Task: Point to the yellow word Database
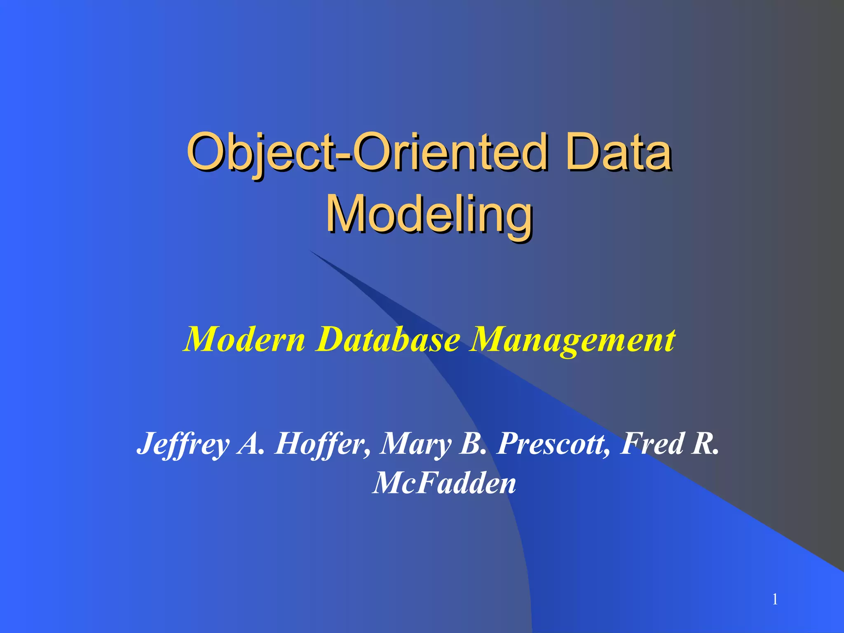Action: coord(387,340)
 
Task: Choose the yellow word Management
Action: coord(573,340)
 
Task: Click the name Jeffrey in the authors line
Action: coord(183,444)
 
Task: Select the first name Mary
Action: coord(416,444)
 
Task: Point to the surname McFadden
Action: coord(444,483)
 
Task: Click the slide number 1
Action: coord(775,599)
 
